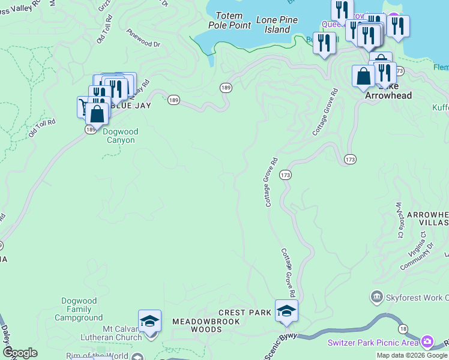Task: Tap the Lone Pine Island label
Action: (x=277, y=25)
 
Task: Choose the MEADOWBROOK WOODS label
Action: (x=206, y=325)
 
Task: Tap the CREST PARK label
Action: (x=245, y=313)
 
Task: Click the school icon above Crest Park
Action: (x=287, y=311)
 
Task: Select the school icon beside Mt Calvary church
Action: (x=149, y=321)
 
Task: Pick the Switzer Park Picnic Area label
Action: (x=373, y=343)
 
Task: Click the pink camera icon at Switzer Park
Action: (x=427, y=342)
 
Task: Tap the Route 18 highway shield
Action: (x=402, y=328)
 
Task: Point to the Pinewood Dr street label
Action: (x=143, y=38)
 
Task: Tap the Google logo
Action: (x=20, y=353)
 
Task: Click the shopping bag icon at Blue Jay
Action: (x=97, y=113)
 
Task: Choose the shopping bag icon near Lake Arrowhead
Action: (x=363, y=76)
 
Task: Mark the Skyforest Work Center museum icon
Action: (x=376, y=296)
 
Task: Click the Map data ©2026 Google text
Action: (x=412, y=355)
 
